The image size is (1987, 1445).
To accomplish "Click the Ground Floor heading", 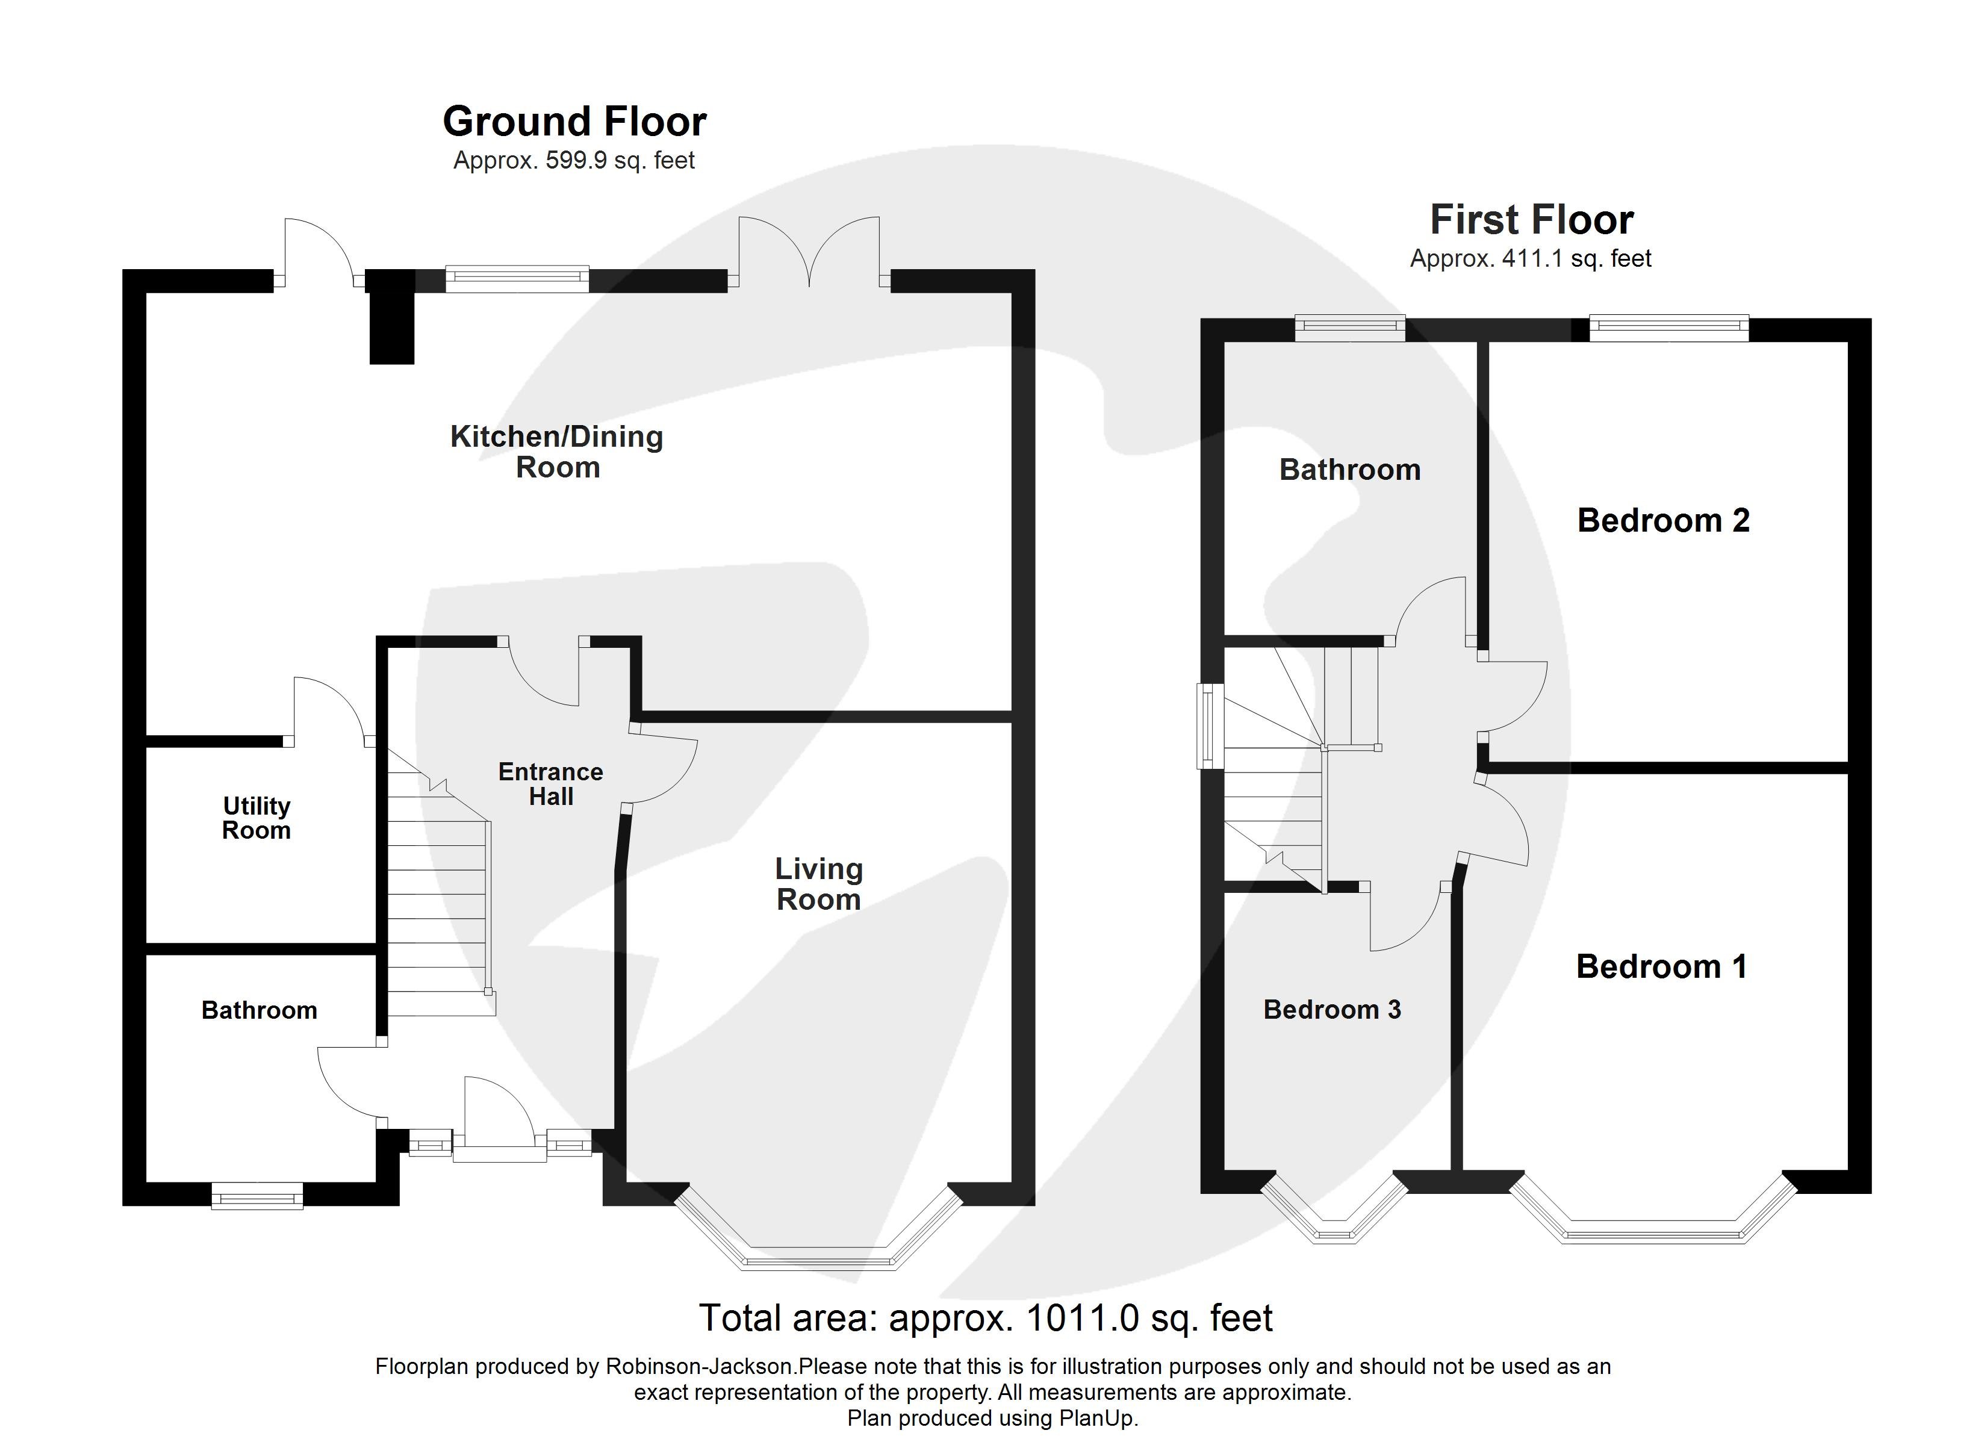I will pyautogui.click(x=574, y=122).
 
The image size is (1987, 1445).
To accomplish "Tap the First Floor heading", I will pyautogui.click(x=1531, y=220).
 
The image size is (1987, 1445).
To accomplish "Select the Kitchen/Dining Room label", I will pyautogui.click(x=556, y=452).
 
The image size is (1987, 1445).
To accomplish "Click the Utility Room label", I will pyautogui.click(x=256, y=818).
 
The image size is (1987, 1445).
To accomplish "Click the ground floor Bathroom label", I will pyautogui.click(x=260, y=1010).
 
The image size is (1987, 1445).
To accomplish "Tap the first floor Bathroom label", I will pyautogui.click(x=1349, y=470).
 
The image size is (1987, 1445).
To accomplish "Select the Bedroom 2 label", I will pyautogui.click(x=1663, y=521).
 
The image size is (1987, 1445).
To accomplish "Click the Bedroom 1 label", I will pyautogui.click(x=1661, y=966).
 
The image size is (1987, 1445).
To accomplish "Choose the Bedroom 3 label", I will pyautogui.click(x=1332, y=1010).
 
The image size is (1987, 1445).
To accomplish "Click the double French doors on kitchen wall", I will pyautogui.click(x=809, y=254).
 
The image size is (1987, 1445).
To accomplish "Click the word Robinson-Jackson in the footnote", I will pyautogui.click(x=699, y=1366).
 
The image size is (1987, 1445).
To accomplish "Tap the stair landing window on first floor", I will pyautogui.click(x=1208, y=726).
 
